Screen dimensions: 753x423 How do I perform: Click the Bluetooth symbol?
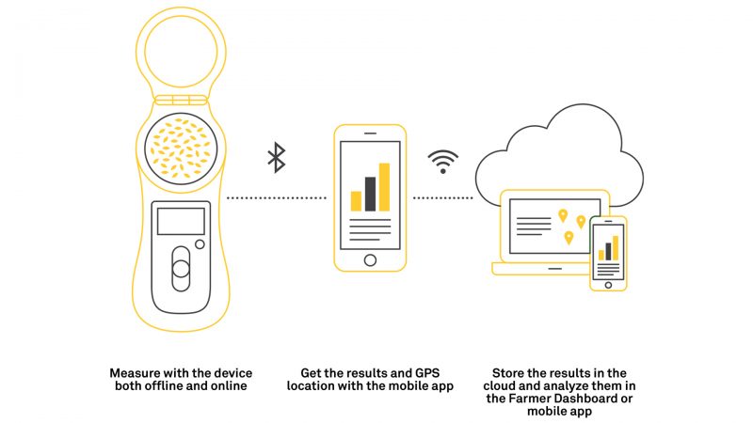(276, 157)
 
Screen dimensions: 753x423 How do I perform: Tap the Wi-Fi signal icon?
(442, 162)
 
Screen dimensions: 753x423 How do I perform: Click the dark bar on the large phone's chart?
(370, 194)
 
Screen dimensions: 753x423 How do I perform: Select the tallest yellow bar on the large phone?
(384, 187)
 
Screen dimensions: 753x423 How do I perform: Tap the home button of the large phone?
(370, 260)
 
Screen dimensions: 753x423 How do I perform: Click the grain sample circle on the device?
(181, 149)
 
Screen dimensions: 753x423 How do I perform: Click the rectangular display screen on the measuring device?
(181, 221)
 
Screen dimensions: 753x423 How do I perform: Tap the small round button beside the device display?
(200, 244)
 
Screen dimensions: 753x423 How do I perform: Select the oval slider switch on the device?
(181, 269)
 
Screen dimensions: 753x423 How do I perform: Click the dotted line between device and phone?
(276, 197)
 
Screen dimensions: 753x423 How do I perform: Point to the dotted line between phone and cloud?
(442, 197)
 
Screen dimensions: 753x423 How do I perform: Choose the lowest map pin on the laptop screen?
(569, 238)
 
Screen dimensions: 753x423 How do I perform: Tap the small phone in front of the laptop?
(608, 253)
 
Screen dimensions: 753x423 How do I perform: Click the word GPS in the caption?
(427, 373)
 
